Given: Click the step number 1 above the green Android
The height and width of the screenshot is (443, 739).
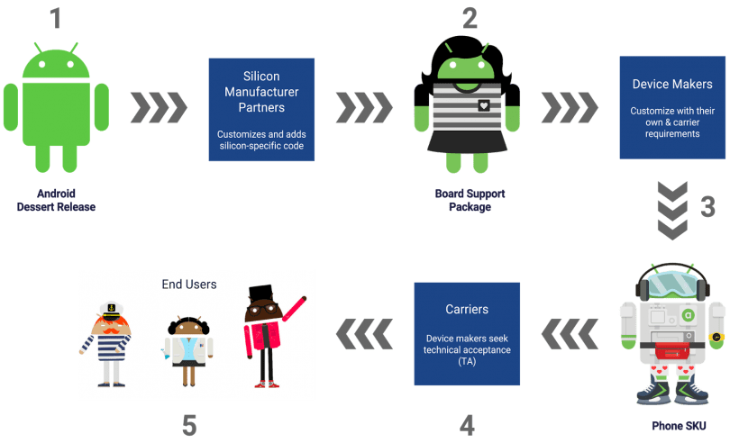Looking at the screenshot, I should (56, 18).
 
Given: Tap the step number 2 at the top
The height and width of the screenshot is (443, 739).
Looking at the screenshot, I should (469, 17).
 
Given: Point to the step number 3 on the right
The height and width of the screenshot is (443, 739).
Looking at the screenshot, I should (707, 207).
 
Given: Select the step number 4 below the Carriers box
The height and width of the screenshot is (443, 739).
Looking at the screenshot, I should (467, 423).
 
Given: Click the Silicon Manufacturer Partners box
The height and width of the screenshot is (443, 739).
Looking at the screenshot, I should (261, 110).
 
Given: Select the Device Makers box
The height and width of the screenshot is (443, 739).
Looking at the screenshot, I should (672, 107).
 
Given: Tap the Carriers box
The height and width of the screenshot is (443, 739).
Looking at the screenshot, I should (467, 334).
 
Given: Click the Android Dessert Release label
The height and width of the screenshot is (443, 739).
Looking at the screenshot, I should (56, 200).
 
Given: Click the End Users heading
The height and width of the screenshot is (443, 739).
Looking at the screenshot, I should (189, 285).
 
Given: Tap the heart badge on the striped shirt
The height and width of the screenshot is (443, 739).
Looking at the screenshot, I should (485, 105).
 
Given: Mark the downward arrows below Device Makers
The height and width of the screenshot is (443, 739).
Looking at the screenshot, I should (671, 209).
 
